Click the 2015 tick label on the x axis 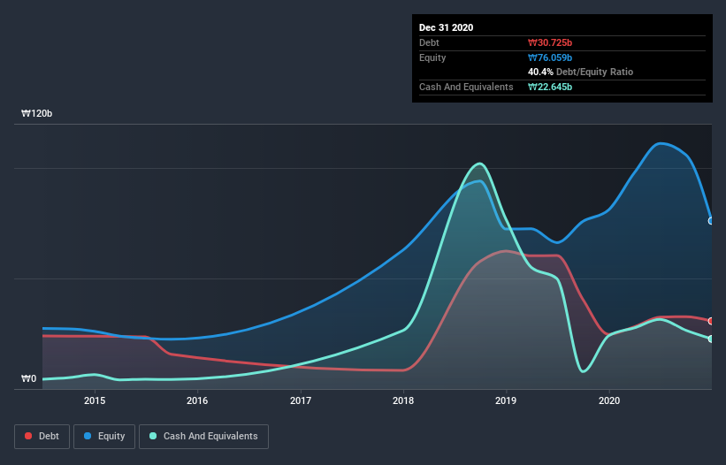click(95, 400)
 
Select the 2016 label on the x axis click(197, 400)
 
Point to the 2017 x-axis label click(301, 400)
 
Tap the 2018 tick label click(403, 400)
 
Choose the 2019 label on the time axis click(507, 400)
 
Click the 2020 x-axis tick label click(609, 400)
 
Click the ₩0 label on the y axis click(29, 379)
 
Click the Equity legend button click(105, 436)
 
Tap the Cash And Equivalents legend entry click(203, 436)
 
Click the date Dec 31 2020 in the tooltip click(446, 27)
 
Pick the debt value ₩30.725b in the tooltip click(550, 42)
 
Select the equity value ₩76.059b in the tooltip click(550, 57)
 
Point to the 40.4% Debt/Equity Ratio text click(580, 72)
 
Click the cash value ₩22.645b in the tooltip click(550, 87)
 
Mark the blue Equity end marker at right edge click(711, 221)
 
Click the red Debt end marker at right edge click(711, 321)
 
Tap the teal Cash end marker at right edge click(711, 339)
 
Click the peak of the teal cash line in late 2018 click(479, 164)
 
